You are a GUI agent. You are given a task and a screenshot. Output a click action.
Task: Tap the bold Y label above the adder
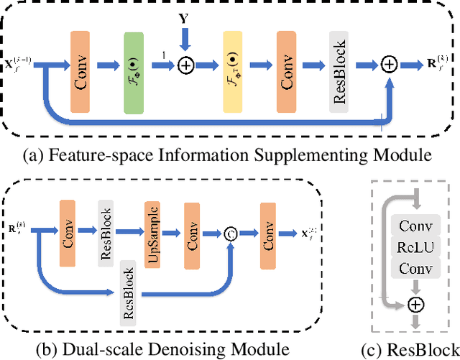tap(185, 15)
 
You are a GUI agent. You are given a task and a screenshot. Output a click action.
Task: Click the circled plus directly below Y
tap(185, 65)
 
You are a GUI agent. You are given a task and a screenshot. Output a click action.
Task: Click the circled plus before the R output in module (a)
tap(390, 65)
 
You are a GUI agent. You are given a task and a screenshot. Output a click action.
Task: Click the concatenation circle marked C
tap(231, 231)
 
